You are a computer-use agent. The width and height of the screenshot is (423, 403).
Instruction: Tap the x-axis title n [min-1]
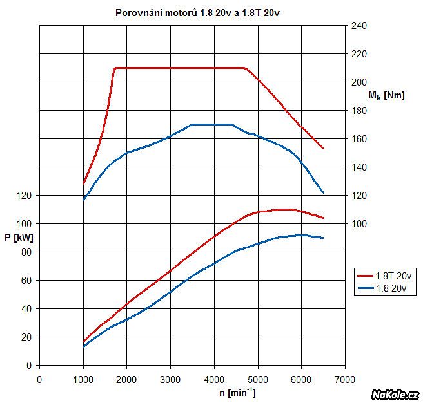pos(237,391)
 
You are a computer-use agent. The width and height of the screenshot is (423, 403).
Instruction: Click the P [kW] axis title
pos(18,238)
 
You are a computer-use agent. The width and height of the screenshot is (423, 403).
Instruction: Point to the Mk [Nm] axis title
pos(386,96)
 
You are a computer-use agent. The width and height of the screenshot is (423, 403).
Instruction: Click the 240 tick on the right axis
pos(359,26)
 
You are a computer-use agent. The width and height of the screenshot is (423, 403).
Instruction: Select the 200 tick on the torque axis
pos(359,82)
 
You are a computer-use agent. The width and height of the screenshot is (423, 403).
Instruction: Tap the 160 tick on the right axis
pos(359,139)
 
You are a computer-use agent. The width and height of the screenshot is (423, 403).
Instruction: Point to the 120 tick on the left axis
pos(25,195)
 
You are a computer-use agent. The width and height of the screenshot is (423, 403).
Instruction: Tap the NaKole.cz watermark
pos(395,393)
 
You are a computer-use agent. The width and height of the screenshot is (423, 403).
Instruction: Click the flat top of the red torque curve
pos(181,68)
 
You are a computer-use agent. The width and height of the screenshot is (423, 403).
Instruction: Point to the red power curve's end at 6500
pos(323,218)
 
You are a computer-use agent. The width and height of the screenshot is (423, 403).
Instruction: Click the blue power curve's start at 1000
pos(83,347)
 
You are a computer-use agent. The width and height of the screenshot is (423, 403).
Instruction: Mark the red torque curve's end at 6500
pos(323,149)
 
